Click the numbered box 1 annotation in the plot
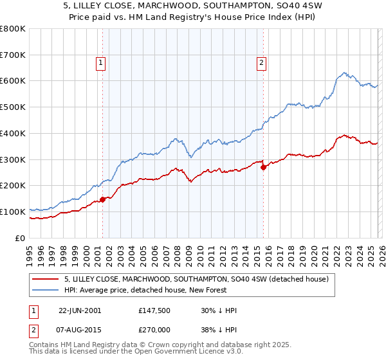coord(102,63)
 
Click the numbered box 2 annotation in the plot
coord(262,63)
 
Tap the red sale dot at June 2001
coord(102,199)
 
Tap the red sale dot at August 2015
coord(263,167)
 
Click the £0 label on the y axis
coord(20,238)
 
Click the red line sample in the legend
coord(46,279)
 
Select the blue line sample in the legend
coord(46,290)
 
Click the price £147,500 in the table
coord(154,310)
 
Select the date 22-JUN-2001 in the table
coord(80,310)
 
